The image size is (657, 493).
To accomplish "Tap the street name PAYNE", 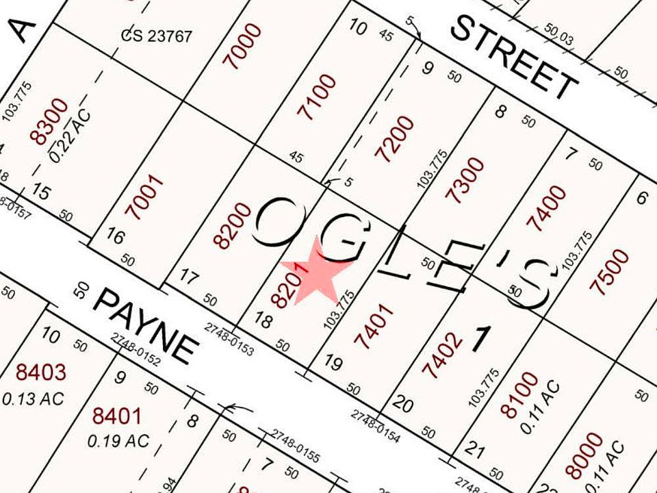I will tap(143, 325).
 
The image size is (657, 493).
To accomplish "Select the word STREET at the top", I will tap(513, 58).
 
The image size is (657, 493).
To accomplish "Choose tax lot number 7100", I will tap(320, 97).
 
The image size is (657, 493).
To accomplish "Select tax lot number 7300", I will tap(465, 180).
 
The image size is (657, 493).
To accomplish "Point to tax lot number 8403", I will tap(41, 372).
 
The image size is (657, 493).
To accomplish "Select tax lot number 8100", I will tap(519, 395).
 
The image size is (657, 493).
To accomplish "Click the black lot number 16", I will tap(116, 238).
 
